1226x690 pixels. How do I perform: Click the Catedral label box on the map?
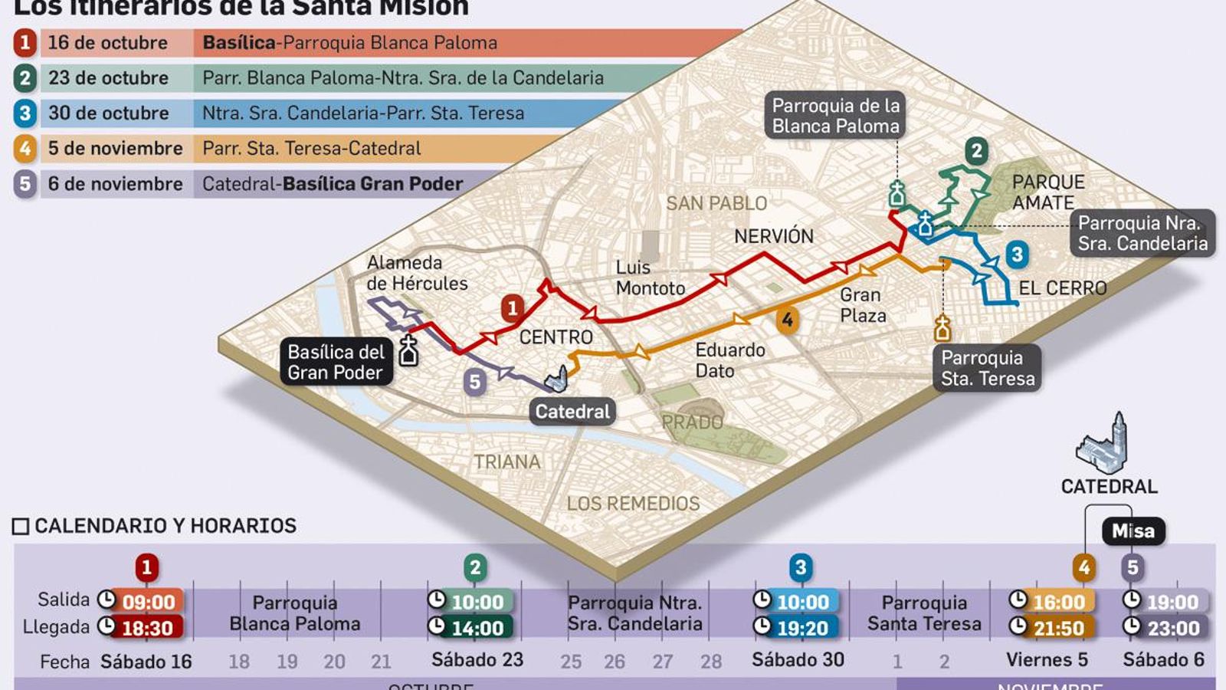[x=572, y=412]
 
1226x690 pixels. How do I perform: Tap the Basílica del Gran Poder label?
[x=336, y=362]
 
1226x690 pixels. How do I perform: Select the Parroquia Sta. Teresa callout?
[x=987, y=368]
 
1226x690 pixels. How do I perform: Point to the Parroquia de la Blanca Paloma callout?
[x=835, y=116]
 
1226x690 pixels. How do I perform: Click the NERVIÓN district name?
[x=773, y=236]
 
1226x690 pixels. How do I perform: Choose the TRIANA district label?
[x=506, y=462]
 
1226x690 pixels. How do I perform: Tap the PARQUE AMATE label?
[x=1047, y=192]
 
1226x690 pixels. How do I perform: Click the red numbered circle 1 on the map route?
[x=513, y=308]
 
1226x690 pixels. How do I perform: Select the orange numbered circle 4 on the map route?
[x=787, y=320]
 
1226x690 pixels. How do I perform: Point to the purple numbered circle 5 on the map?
[x=474, y=382]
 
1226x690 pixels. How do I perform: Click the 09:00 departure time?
[x=149, y=602]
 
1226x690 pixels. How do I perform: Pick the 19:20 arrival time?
[x=802, y=628]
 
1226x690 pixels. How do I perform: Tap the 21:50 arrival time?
[x=1059, y=628]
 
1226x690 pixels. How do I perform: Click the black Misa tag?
[x=1133, y=531]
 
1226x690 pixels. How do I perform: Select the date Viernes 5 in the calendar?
[x=1047, y=660]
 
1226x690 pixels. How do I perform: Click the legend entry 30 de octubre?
[x=108, y=113]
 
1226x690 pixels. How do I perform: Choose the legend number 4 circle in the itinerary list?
[x=25, y=148]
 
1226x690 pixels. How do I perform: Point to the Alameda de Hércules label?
[x=416, y=273]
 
